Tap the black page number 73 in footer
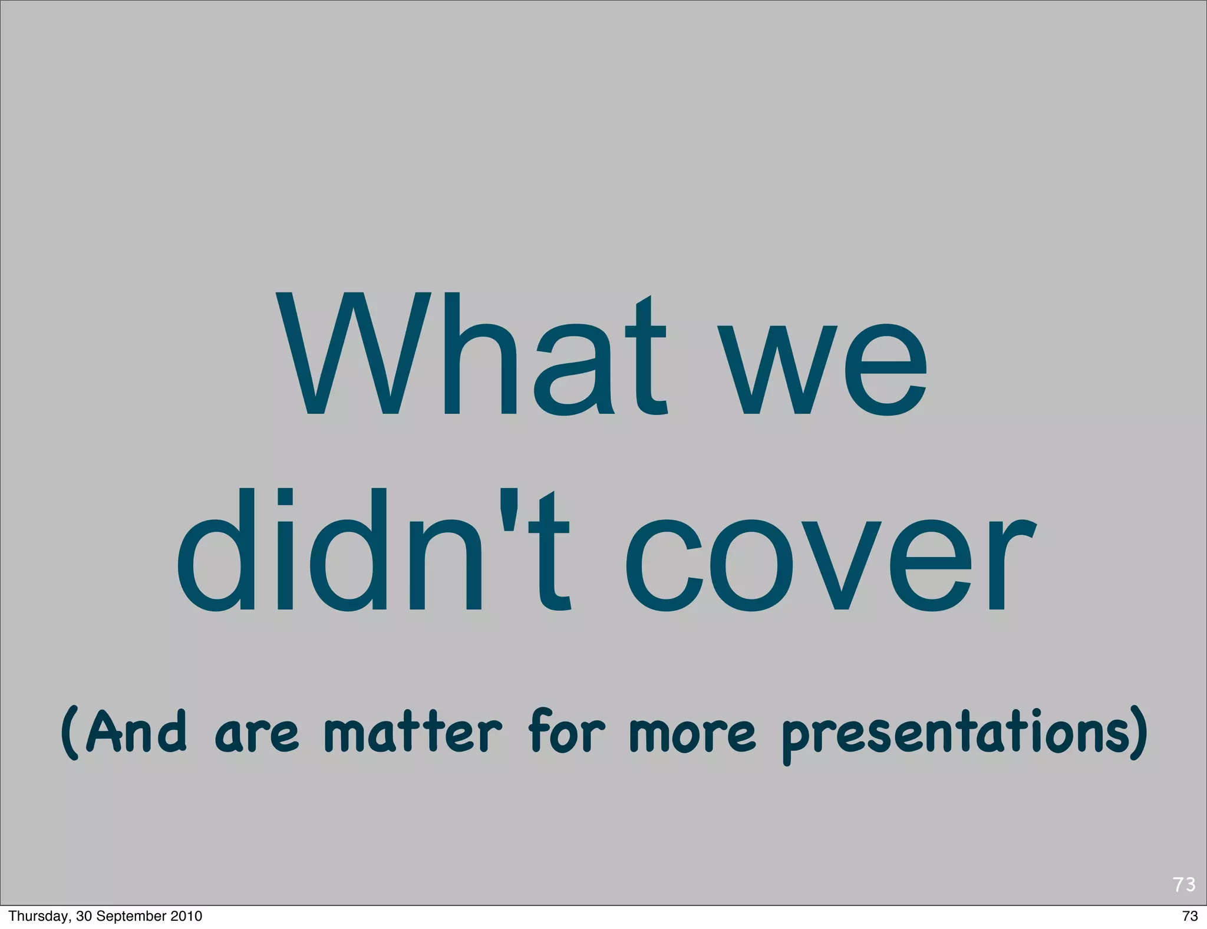coord(1190,916)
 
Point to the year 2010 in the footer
coord(186,916)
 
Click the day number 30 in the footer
coord(84,916)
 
